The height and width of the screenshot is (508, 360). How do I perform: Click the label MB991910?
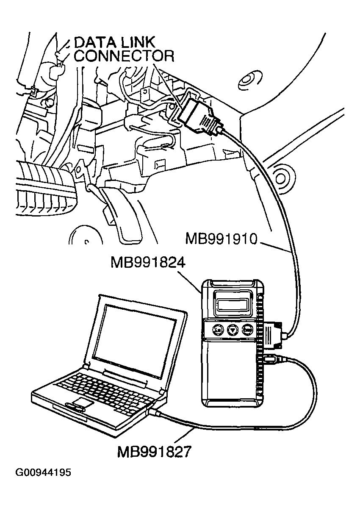pyautogui.click(x=222, y=239)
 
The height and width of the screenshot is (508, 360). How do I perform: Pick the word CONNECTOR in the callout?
pyautogui.click(x=124, y=56)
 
